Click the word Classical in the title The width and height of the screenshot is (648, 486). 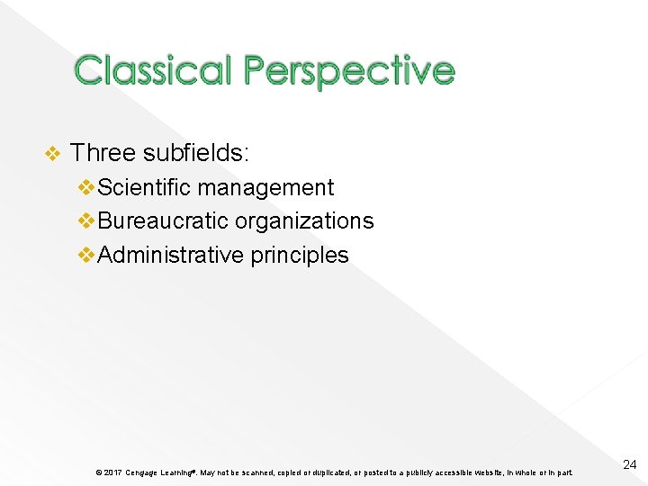pyautogui.click(x=152, y=70)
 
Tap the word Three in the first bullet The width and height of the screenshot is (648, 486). pyautogui.click(x=103, y=153)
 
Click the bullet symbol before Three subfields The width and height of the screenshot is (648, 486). pyautogui.click(x=52, y=154)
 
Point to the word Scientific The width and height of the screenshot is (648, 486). pyautogui.click(x=144, y=187)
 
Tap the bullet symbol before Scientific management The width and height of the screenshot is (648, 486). pyautogui.click(x=86, y=187)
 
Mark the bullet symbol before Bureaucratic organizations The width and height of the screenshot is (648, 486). pyautogui.click(x=86, y=220)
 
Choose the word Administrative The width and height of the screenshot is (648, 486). pyautogui.click(x=170, y=255)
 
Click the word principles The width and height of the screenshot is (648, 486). pyautogui.click(x=300, y=255)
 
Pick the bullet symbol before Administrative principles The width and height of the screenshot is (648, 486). pyautogui.click(x=86, y=255)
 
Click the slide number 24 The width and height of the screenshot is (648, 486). pyautogui.click(x=629, y=464)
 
